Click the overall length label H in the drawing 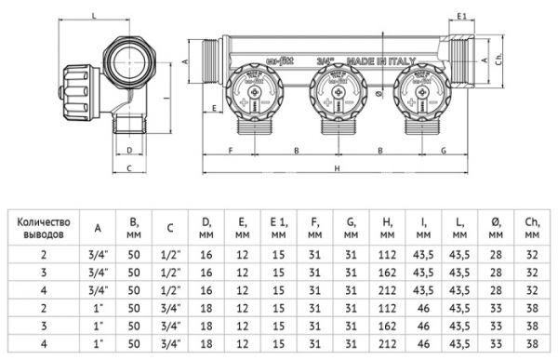[x=338, y=167]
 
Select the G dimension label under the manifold [x=443, y=149]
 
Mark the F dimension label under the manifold [x=230, y=149]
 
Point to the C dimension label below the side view [x=130, y=167]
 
